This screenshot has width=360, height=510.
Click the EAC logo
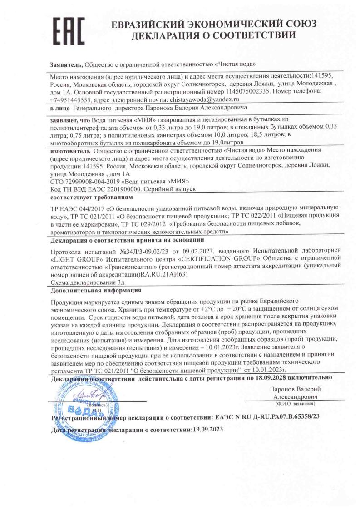(x=69, y=30)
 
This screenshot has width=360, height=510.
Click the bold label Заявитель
(x=66, y=64)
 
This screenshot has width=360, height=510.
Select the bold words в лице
(x=60, y=108)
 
